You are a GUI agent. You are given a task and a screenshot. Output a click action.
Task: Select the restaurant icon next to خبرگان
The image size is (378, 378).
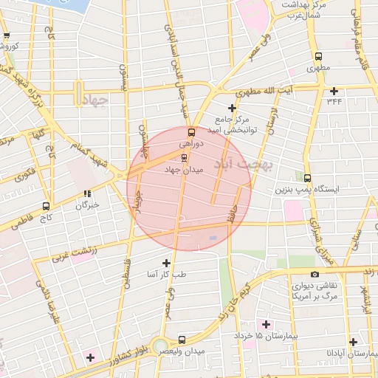[x=87, y=194]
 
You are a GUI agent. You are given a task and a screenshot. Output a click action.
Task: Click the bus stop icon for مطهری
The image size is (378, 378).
[x=318, y=57]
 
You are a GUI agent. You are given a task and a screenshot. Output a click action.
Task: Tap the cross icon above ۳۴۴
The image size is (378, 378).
[x=334, y=92]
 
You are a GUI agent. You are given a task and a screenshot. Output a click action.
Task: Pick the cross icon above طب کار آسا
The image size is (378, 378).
[x=165, y=263]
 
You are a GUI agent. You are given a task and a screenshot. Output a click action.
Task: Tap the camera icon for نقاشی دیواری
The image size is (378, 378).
[x=315, y=274]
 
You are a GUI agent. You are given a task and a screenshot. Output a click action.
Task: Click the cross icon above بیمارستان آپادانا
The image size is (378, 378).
[x=354, y=342]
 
